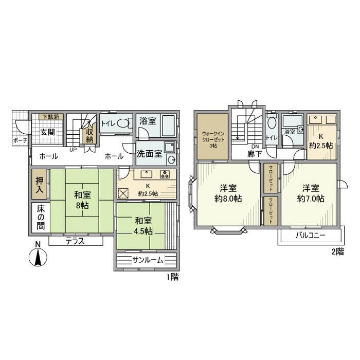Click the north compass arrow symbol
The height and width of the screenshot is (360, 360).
(38, 257)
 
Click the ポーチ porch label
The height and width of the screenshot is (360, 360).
(19, 140)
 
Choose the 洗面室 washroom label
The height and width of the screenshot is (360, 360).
(149, 153)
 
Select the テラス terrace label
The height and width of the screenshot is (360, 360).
(75, 241)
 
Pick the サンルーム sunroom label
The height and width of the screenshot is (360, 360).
(148, 260)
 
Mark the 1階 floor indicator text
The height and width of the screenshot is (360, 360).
(172, 277)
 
